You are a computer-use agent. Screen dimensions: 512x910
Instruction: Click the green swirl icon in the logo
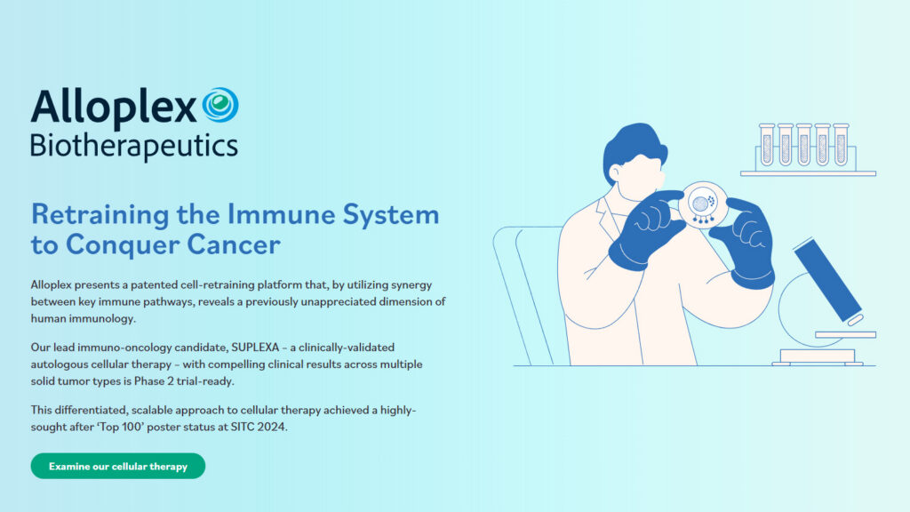pyautogui.click(x=220, y=105)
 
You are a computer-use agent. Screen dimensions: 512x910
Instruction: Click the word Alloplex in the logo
pyautogui.click(x=114, y=108)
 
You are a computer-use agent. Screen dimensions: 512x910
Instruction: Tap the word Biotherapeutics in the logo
pyautogui.click(x=133, y=144)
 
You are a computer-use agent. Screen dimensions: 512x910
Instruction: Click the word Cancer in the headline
pyautogui.click(x=234, y=244)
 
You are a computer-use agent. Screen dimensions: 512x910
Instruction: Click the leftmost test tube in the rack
pyautogui.click(x=766, y=145)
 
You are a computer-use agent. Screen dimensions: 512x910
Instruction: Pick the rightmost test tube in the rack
pyautogui.click(x=840, y=145)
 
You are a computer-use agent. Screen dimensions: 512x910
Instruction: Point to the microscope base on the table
pyautogui.click(x=817, y=356)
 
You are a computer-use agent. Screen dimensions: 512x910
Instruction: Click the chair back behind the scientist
pyautogui.click(x=524, y=284)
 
